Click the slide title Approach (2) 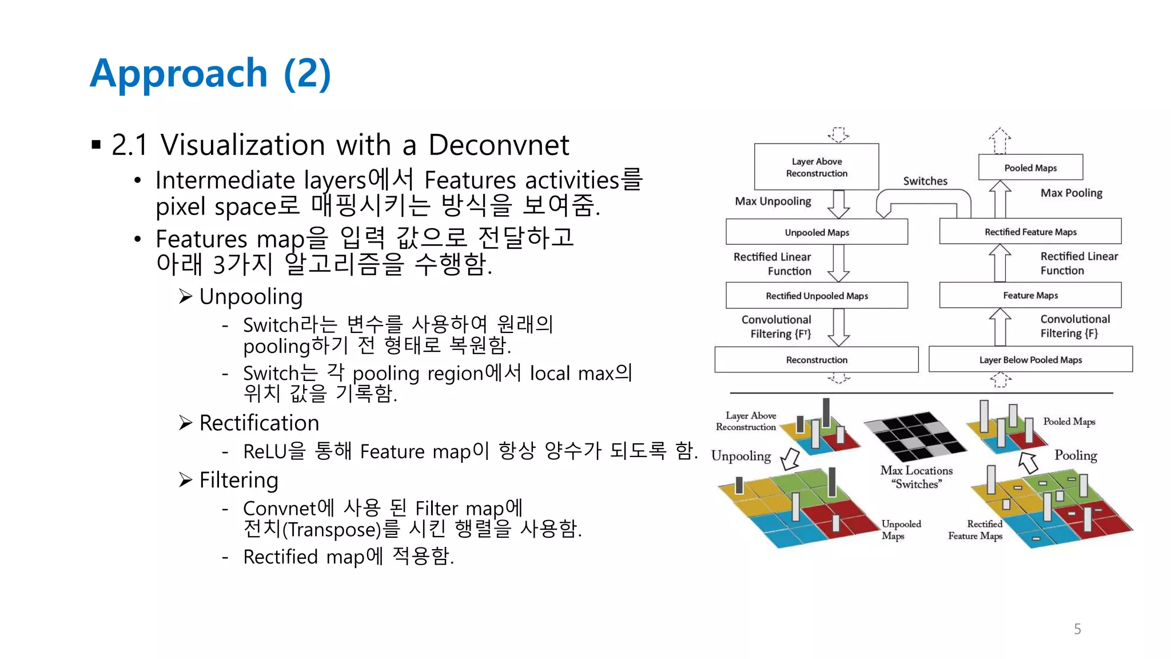point(210,73)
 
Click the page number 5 point(1077,629)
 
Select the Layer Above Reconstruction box point(816,167)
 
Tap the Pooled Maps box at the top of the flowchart point(1030,168)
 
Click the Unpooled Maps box point(816,232)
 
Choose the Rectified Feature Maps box point(1030,232)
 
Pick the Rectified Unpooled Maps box point(816,296)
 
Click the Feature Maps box point(1030,295)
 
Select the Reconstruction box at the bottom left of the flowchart point(816,360)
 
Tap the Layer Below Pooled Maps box point(1030,360)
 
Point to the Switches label point(925,181)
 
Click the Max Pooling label point(1071,193)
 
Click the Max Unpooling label point(772,201)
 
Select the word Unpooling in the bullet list point(250,297)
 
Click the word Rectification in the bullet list point(258,423)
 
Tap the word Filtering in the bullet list point(238,481)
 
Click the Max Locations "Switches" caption point(916,477)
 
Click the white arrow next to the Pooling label point(1029,462)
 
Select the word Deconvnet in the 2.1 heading point(499,145)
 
